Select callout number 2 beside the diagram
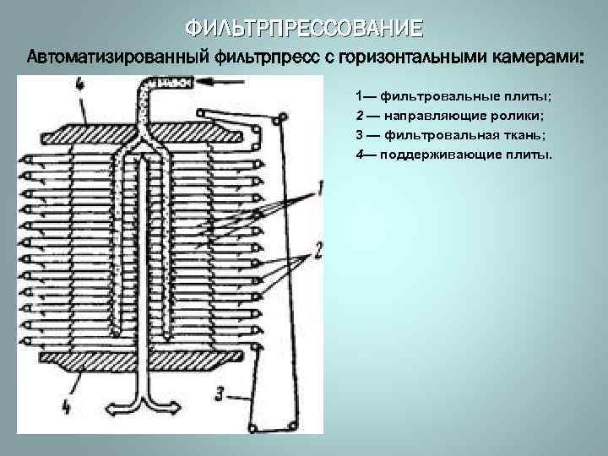[319, 250]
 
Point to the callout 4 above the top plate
[79, 84]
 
